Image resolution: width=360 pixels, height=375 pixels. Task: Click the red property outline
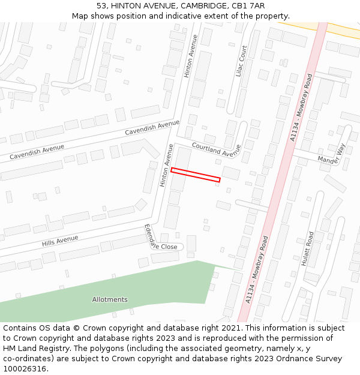(196, 175)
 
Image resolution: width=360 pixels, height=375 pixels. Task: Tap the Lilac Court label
(242, 61)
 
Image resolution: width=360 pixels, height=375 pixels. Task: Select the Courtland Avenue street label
(216, 149)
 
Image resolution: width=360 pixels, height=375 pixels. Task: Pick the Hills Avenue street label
(60, 241)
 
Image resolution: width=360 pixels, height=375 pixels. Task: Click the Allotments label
(110, 299)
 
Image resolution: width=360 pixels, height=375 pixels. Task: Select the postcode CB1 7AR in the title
(249, 5)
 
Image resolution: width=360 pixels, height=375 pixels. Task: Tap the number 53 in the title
(102, 5)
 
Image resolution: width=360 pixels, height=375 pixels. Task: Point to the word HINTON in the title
(127, 5)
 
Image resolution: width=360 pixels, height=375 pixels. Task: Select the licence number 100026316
(25, 369)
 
